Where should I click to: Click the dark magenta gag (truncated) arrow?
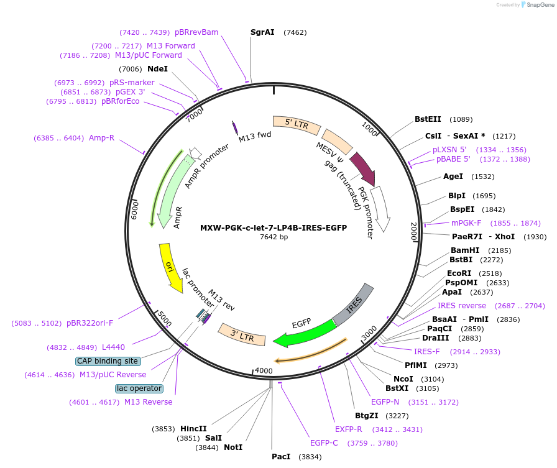[362, 168]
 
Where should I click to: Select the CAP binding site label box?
[108, 361]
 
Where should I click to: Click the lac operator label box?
[139, 388]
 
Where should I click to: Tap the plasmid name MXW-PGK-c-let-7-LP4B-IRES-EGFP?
[274, 227]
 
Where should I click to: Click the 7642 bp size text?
[274, 237]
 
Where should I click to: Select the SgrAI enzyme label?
[262, 32]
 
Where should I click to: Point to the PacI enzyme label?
[281, 457]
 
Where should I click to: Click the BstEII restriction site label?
[428, 119]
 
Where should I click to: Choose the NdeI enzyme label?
[157, 69]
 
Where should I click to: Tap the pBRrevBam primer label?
[196, 32]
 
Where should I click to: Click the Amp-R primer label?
[101, 138]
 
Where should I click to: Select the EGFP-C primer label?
[324, 443]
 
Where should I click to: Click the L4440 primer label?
[113, 347]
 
